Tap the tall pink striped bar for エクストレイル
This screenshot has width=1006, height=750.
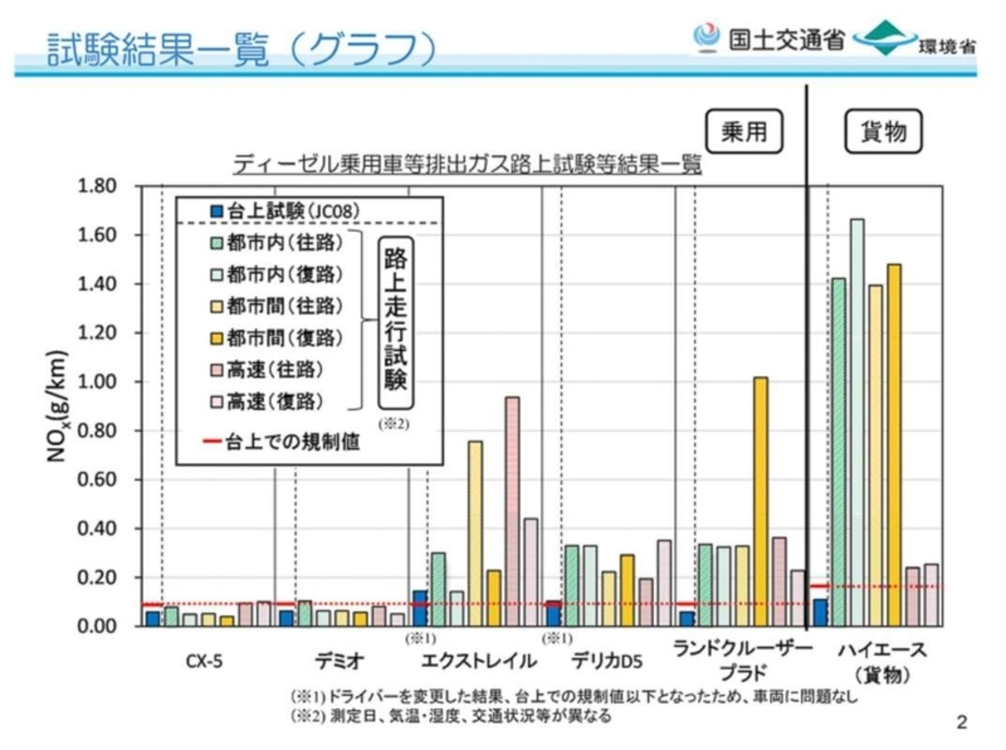[512, 511]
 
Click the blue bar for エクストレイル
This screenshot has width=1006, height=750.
[419, 608]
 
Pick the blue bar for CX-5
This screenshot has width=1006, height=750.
[153, 618]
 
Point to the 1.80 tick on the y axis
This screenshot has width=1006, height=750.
[97, 186]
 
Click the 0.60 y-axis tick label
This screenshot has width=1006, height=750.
[97, 480]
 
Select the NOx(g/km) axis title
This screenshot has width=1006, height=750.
[58, 406]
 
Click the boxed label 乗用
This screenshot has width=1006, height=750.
[744, 132]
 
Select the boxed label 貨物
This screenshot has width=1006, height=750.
[883, 132]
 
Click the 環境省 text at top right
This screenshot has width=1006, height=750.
[947, 46]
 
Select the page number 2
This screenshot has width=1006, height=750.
[962, 722]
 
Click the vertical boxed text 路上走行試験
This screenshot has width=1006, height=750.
[395, 320]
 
